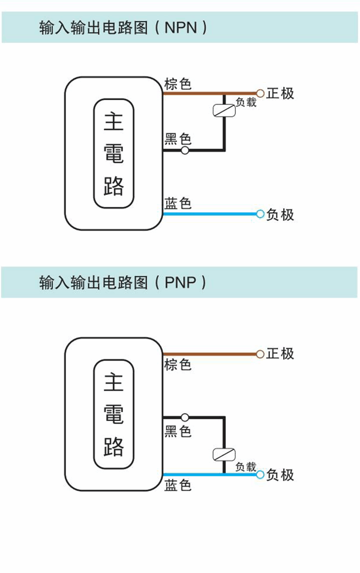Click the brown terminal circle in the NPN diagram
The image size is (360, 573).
pos(260,93)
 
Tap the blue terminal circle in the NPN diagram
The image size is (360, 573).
pos(260,214)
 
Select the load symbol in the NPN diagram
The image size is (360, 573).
pos(224,110)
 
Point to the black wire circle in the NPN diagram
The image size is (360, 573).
pos(185,150)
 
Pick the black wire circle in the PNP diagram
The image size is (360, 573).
pos(185,418)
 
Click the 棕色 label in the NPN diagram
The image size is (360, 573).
pos(178,84)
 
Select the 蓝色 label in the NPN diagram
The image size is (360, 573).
pos(178,203)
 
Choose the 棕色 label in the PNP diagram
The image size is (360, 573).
pos(178,365)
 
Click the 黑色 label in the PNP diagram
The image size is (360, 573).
pos(178,431)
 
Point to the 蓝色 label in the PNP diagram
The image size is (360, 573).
pos(178,486)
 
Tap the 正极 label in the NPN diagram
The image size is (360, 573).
pos(280,93)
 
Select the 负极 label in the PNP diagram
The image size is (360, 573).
pos(280,475)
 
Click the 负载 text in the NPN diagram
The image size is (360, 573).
pos(246,102)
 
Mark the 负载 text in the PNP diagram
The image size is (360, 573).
pos(246,466)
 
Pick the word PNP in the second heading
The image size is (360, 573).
pos(180,283)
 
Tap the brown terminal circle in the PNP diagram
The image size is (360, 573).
pos(260,354)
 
